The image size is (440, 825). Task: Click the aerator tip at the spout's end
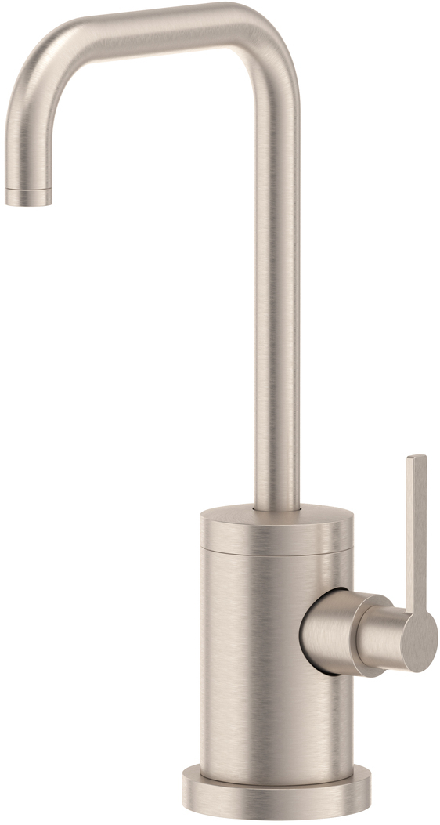pyautogui.click(x=28, y=197)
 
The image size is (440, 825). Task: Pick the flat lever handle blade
pyautogui.click(x=417, y=533)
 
